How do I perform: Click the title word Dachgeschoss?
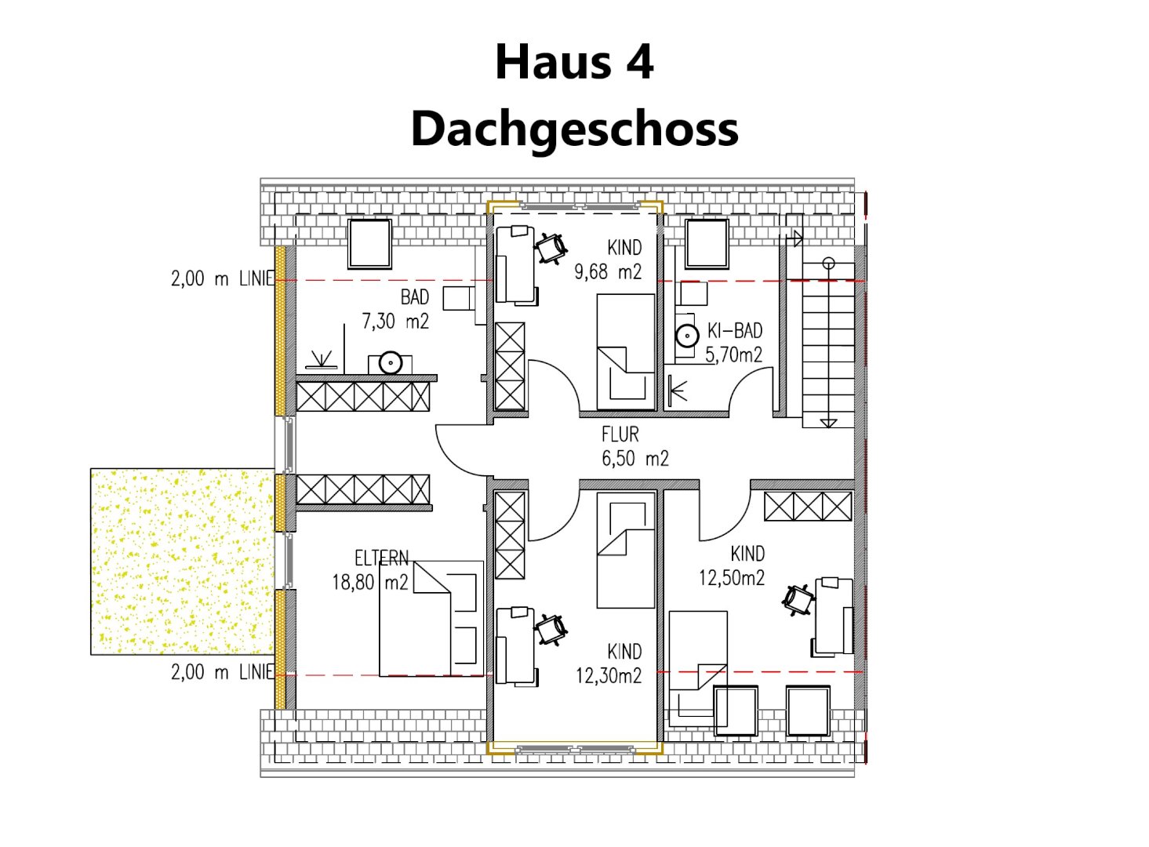pyautogui.click(x=574, y=129)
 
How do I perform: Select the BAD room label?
pyautogui.click(x=414, y=297)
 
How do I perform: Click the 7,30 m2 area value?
pyautogui.click(x=395, y=322)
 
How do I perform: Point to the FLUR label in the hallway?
pyautogui.click(x=620, y=434)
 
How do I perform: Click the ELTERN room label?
pyautogui.click(x=382, y=558)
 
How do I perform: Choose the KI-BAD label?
pyautogui.click(x=735, y=331)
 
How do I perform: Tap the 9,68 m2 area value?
pyautogui.click(x=608, y=272)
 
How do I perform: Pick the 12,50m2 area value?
pyautogui.click(x=732, y=578)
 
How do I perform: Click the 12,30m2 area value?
pyautogui.click(x=609, y=676)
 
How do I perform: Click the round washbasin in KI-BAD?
pyautogui.click(x=687, y=336)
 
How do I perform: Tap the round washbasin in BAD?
pyautogui.click(x=391, y=363)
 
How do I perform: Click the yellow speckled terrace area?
pyautogui.click(x=183, y=562)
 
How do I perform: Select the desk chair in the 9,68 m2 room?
pyautogui.click(x=551, y=249)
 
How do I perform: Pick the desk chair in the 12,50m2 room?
pyautogui.click(x=798, y=600)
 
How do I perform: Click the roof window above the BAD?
pyautogui.click(x=369, y=244)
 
